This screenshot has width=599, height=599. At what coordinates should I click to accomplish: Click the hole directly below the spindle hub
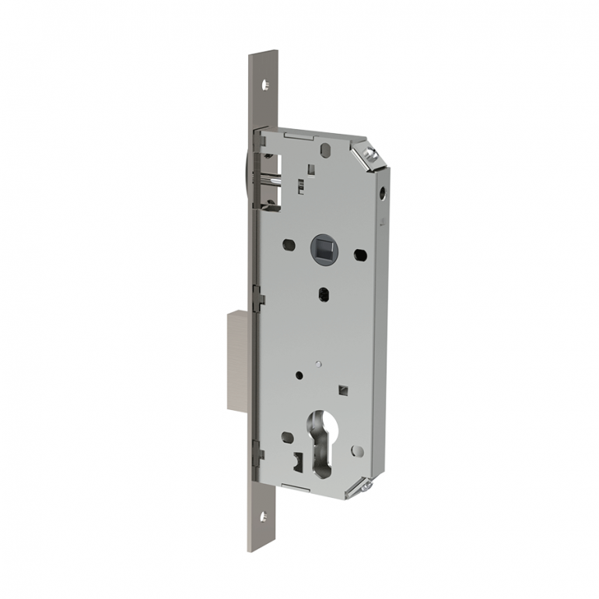(323, 294)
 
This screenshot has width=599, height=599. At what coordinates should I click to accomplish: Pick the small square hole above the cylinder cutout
(343, 387)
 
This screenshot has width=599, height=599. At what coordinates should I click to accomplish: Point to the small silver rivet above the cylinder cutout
(318, 363)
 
